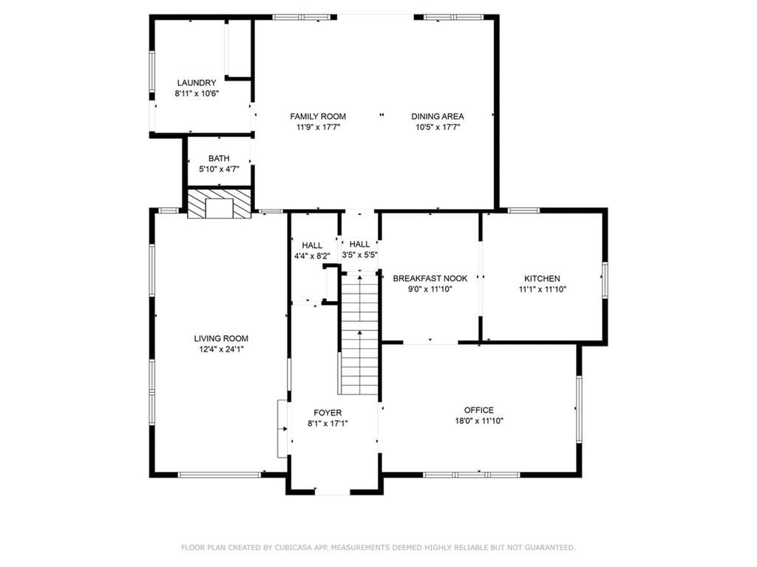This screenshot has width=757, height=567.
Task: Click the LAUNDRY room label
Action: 197,83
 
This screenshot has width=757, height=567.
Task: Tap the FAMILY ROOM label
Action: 318,116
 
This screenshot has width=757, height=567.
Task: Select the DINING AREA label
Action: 438,116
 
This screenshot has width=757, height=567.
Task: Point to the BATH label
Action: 219,158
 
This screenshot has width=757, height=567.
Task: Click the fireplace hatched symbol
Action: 220,204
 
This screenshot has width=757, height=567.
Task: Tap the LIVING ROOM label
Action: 221,338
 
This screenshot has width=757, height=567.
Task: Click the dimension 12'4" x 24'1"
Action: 221,349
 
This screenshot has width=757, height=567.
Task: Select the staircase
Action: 360,333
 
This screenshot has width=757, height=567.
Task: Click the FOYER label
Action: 327,413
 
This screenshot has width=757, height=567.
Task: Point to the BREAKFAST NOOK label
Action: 430,278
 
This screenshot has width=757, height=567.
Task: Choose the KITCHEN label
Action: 542,278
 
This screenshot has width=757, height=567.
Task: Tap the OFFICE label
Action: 479,410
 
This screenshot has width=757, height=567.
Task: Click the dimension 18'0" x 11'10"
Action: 479,421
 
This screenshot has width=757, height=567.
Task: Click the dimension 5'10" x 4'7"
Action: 219,169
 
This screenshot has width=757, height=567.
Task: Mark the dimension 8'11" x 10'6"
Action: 197,94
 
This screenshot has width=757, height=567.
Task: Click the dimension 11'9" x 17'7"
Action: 318,127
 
